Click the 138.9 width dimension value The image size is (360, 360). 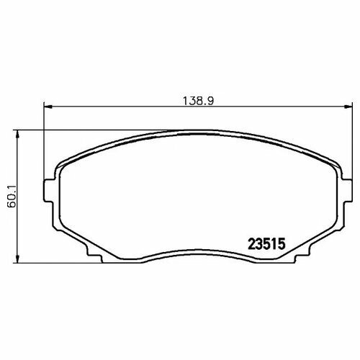[198, 101]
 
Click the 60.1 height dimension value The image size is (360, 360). [12, 197]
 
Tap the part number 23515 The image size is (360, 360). [266, 244]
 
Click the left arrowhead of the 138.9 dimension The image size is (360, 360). [48, 107]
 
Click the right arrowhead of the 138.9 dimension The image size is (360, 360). [348, 107]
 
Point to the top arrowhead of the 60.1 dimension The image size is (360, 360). [17, 135]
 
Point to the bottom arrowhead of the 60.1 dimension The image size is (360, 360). [17, 258]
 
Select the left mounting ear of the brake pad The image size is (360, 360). [49, 191]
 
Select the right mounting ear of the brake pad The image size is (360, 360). [346, 191]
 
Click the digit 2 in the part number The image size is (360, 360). [251, 244]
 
